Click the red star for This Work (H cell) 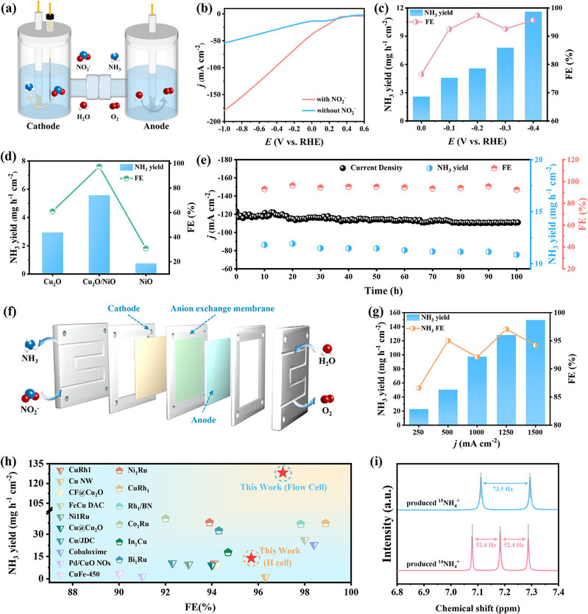click(x=251, y=558)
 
